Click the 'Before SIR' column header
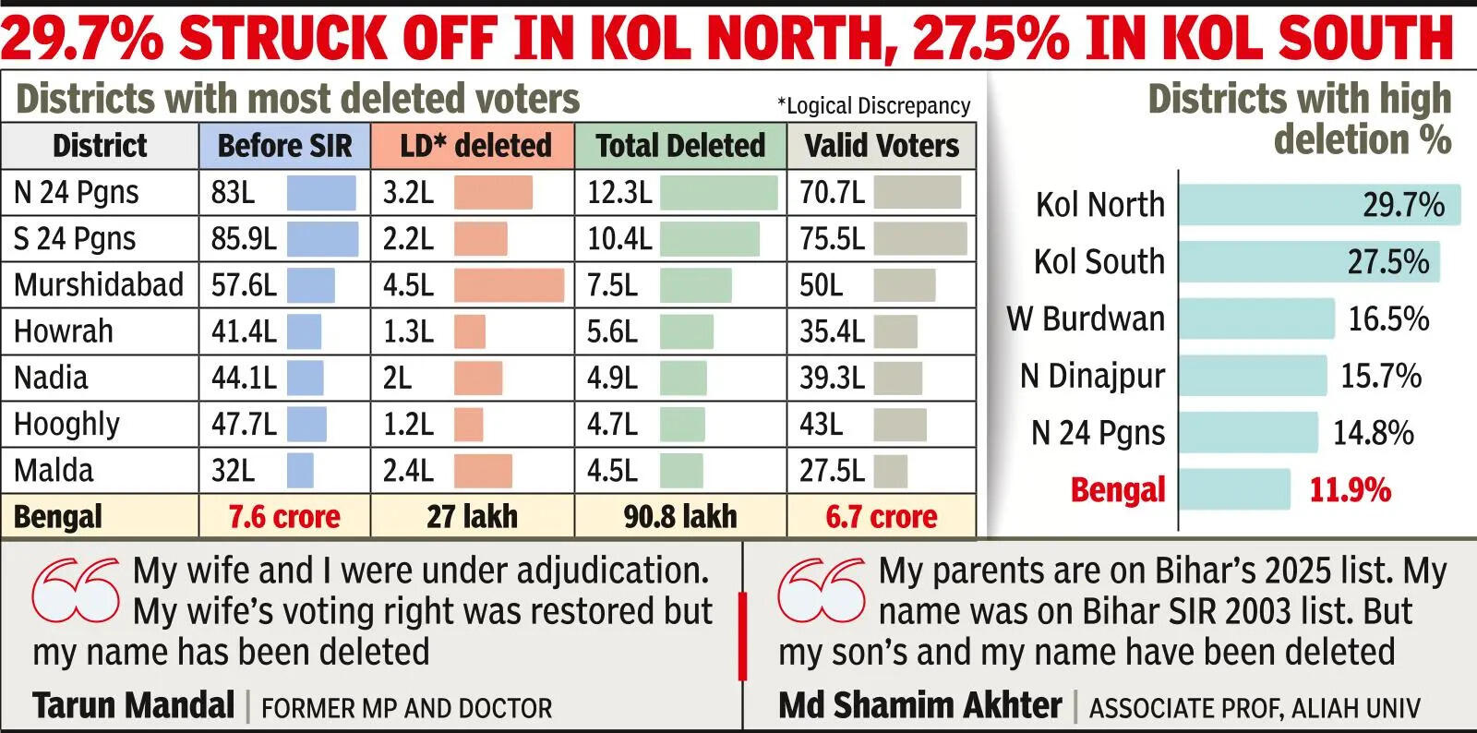pos(284,146)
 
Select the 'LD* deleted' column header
pos(474,146)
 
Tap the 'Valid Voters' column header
pos(881,146)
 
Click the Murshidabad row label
pos(99,285)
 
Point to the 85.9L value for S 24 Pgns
pos(244,239)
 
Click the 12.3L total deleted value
pos(619,193)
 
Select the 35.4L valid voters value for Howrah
pos(832,331)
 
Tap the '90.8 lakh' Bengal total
pos(680,517)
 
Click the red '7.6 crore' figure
pos(284,517)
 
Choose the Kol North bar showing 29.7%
pos(1319,205)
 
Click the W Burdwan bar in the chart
pos(1256,318)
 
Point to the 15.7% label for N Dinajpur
pos(1381,376)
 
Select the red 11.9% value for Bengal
pos(1350,489)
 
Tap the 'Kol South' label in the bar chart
pos(1099,262)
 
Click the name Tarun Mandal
pos(134,706)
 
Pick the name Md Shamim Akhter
pos(920,706)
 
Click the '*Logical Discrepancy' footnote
pos(873,106)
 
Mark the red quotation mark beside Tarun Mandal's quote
pos(76,589)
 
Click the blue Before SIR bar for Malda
pos(300,471)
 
